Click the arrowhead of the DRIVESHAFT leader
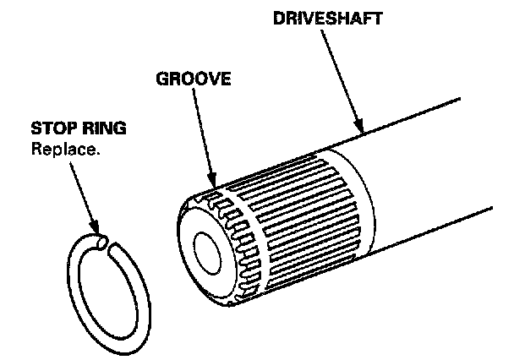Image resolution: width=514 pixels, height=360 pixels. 361,132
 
